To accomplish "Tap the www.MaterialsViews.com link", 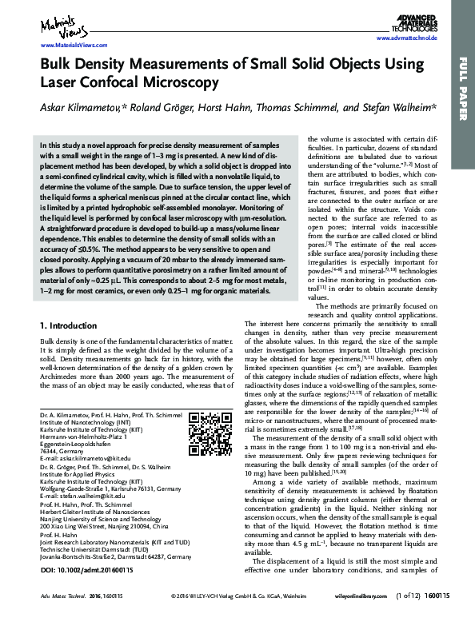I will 72,46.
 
